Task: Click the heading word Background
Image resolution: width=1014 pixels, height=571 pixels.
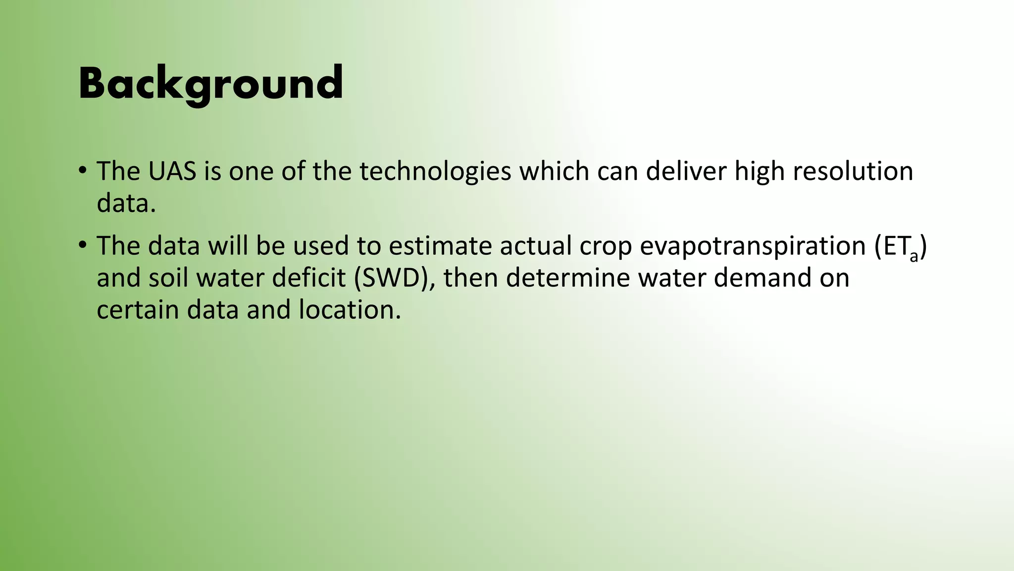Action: [x=210, y=83]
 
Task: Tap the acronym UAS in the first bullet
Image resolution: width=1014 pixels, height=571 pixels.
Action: [x=172, y=171]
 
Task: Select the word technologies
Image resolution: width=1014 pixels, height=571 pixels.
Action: [x=435, y=171]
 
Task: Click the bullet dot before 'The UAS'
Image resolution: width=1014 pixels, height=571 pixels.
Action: [x=83, y=171]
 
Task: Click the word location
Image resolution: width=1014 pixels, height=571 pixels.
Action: [x=349, y=310]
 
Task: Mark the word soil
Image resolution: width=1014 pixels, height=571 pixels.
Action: [x=168, y=278]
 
